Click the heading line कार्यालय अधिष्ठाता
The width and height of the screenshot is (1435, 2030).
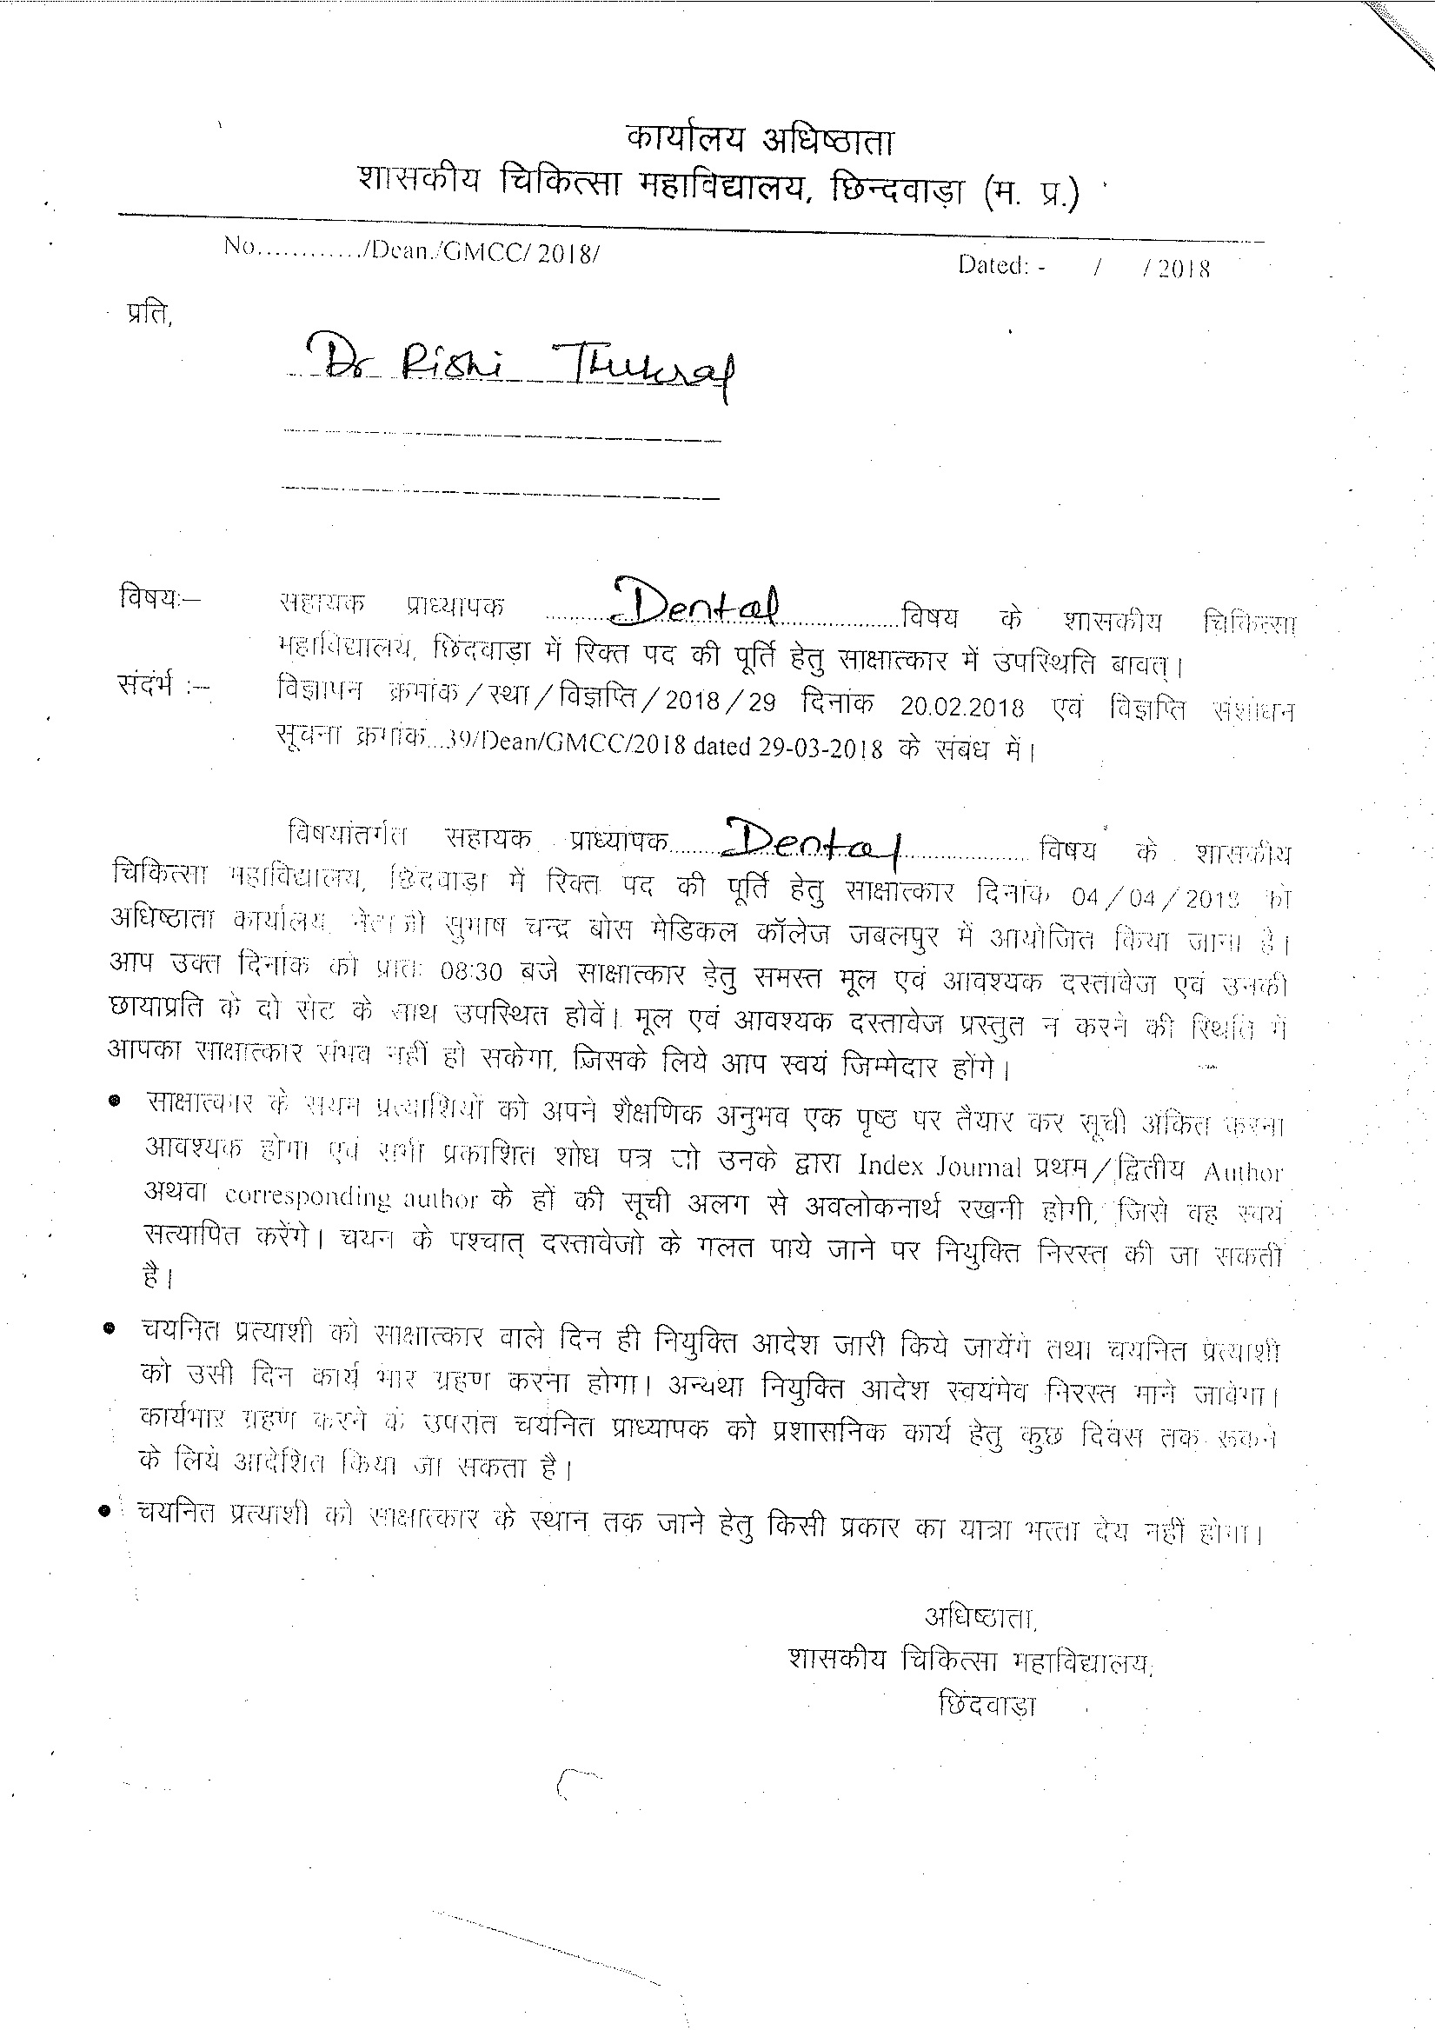pos(761,139)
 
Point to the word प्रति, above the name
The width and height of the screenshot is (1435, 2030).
pos(149,315)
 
